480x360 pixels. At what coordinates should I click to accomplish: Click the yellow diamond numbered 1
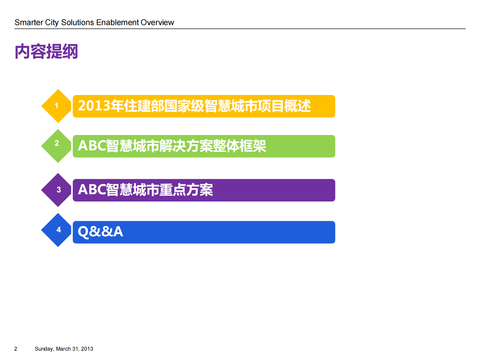(57, 106)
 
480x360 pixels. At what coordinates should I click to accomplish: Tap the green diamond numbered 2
(57, 146)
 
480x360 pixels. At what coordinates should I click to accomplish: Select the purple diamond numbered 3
(57, 190)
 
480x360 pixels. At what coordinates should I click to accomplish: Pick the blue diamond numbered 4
(57, 230)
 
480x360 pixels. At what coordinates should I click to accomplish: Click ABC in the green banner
(92, 146)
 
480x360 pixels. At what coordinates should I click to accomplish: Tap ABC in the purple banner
(92, 190)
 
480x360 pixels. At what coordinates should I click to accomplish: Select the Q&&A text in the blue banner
(100, 232)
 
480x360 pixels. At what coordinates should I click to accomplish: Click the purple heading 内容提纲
(46, 51)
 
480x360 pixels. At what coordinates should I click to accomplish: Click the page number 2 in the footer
(16, 349)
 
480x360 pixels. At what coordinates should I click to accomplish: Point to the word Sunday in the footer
(44, 349)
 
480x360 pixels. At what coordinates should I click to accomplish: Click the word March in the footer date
(63, 349)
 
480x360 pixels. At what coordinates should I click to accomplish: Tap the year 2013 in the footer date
(87, 349)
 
